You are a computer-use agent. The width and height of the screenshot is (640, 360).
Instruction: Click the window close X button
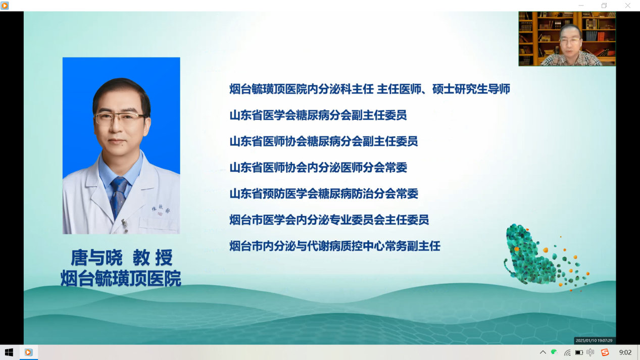(627, 6)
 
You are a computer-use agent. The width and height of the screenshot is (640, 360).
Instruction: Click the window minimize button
(581, 6)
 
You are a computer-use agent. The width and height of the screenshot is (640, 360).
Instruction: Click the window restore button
(604, 6)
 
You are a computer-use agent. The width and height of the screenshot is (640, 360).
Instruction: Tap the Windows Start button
(9, 352)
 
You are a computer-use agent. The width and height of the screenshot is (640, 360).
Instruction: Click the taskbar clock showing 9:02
(625, 352)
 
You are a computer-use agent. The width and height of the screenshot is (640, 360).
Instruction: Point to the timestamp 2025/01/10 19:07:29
(594, 340)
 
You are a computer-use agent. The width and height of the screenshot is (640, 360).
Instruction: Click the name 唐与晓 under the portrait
(96, 258)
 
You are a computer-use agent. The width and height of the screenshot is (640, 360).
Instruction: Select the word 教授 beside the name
(153, 258)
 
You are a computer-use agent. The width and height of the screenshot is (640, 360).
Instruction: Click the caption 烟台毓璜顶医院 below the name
(121, 278)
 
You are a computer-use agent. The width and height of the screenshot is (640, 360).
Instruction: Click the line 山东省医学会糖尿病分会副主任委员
(318, 115)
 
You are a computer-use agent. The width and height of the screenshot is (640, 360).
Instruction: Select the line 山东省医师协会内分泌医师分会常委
(318, 167)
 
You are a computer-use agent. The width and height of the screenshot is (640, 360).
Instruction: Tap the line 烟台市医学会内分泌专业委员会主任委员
(329, 220)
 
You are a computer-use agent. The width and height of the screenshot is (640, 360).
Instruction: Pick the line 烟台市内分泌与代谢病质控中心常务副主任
(335, 246)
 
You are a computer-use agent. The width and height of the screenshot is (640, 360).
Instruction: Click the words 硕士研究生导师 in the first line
(471, 89)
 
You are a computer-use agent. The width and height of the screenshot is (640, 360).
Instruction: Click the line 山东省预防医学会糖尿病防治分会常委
(324, 193)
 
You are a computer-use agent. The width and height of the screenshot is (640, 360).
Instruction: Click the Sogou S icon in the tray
(605, 352)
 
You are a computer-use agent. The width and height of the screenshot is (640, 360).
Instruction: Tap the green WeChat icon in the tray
(554, 352)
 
